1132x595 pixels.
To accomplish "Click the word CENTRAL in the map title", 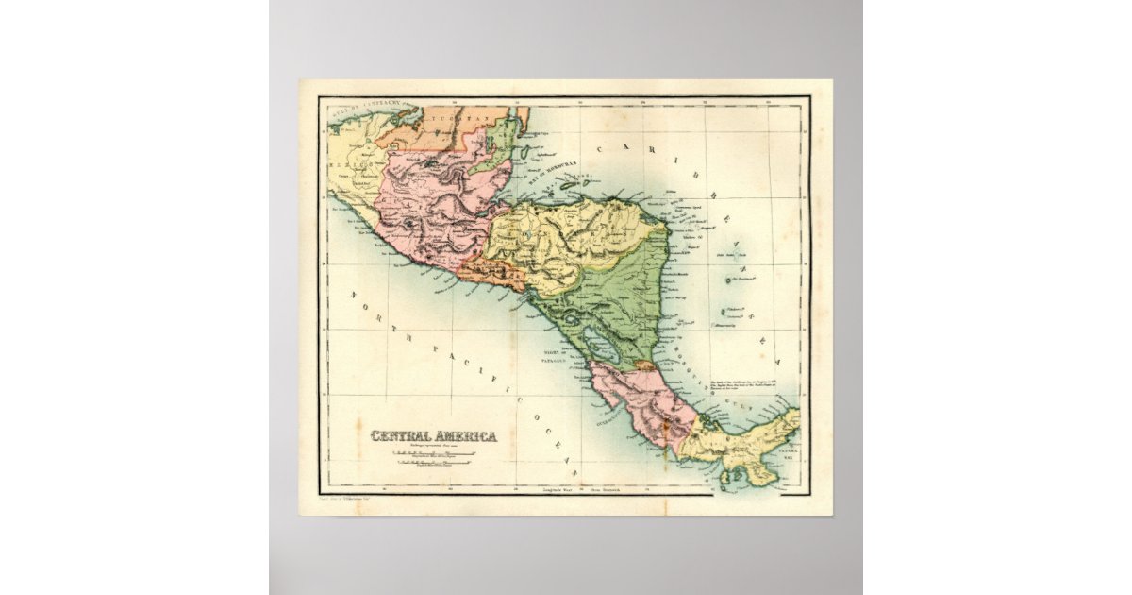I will [400, 435].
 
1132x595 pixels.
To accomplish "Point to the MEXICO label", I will [346, 163].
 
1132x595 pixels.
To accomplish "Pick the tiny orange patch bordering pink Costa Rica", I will [645, 363].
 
